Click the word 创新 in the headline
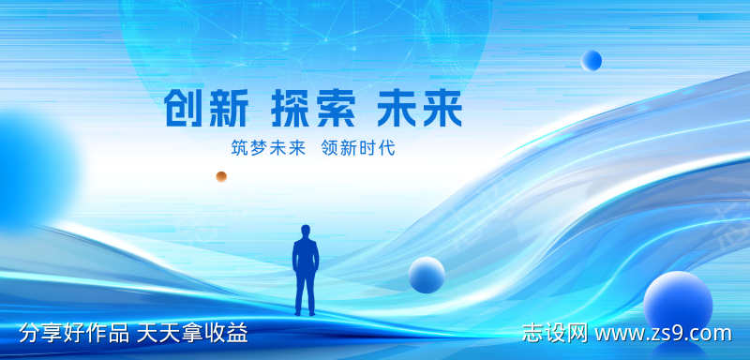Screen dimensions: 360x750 pyautogui.click(x=207, y=110)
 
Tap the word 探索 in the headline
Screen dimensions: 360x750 pyautogui.click(x=313, y=110)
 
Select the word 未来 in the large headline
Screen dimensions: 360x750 pyautogui.click(x=419, y=110)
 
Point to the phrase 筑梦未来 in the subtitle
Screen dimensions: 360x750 pyautogui.click(x=268, y=149)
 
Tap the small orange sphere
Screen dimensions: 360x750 pyautogui.click(x=221, y=176)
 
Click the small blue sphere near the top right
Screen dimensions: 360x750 pyautogui.click(x=592, y=61)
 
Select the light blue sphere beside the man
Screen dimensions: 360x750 pyautogui.click(x=427, y=275)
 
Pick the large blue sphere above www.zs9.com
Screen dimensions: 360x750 pyautogui.click(x=678, y=301)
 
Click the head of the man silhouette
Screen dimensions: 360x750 pyautogui.click(x=306, y=231)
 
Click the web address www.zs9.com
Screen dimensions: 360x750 pyautogui.click(x=663, y=334)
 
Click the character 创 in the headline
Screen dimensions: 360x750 pyautogui.click(x=185, y=110)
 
